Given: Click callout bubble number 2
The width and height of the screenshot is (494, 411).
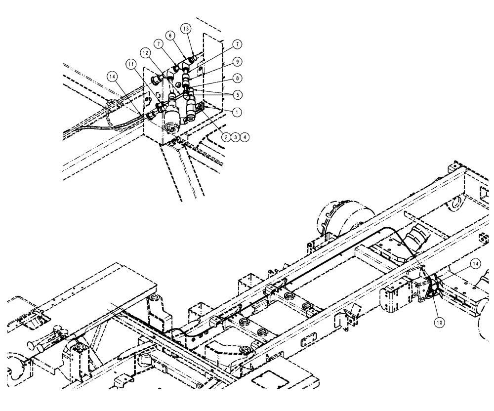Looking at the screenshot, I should click(227, 138).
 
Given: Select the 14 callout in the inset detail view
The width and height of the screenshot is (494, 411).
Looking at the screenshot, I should click(112, 77).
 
